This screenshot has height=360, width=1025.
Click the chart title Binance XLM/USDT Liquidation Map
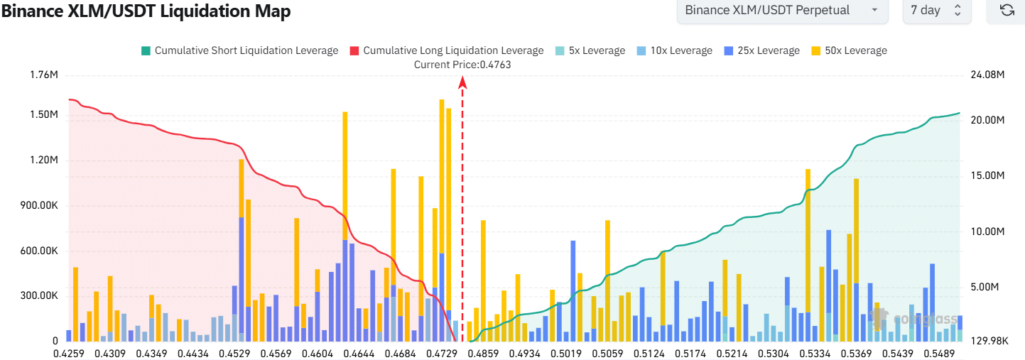click(x=146, y=11)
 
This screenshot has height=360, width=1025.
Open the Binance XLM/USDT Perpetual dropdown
click(x=781, y=11)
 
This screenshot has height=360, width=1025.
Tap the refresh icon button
click(x=1006, y=11)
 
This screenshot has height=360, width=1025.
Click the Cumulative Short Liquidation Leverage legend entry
click(x=239, y=50)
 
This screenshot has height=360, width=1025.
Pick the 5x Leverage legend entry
click(x=590, y=50)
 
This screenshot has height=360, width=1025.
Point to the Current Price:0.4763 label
click(x=462, y=65)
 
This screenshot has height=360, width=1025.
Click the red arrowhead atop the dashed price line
click(x=462, y=83)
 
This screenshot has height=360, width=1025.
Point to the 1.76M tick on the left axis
click(x=43, y=75)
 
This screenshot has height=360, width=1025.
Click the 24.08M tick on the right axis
click(x=987, y=75)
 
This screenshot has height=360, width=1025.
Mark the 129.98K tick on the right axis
click(x=989, y=341)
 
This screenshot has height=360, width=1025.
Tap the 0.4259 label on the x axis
click(x=70, y=353)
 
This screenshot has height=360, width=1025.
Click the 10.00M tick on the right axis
click(x=987, y=232)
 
